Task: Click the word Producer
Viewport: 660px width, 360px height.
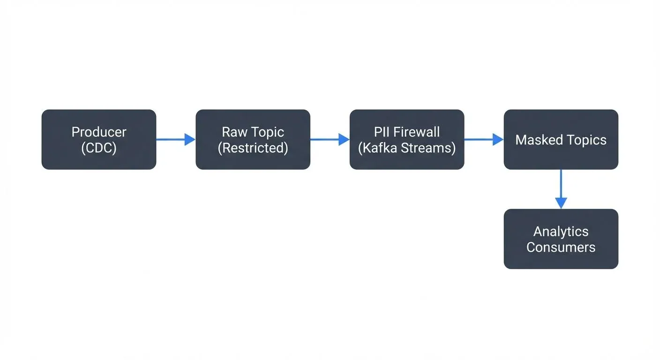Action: (99, 132)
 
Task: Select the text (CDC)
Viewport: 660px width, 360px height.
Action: (99, 148)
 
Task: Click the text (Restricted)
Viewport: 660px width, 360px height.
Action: (253, 148)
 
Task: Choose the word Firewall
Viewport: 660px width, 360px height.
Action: (417, 132)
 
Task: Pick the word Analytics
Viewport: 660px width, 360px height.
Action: (561, 231)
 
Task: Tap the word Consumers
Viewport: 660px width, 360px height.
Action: (561, 247)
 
